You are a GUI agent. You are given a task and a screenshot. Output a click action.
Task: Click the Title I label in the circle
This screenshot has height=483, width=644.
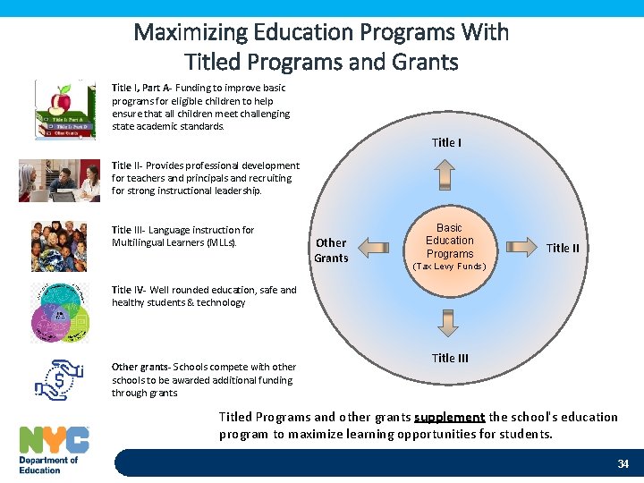tap(446, 143)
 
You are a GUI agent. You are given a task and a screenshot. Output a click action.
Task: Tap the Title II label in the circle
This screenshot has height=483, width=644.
tap(563, 249)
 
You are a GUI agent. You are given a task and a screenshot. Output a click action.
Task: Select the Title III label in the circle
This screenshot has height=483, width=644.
tap(450, 359)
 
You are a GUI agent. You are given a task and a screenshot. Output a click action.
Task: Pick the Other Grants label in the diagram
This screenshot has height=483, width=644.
tap(331, 250)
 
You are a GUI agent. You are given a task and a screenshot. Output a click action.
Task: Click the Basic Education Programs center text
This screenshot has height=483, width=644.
tap(449, 241)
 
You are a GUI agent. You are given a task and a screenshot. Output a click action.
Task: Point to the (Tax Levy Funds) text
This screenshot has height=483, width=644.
tap(448, 267)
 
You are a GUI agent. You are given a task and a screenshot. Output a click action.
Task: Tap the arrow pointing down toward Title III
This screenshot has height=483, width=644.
tap(447, 320)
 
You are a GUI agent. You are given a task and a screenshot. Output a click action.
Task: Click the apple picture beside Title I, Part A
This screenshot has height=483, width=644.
tap(64, 110)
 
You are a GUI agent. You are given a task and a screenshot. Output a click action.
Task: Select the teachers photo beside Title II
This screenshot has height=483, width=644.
tap(60, 180)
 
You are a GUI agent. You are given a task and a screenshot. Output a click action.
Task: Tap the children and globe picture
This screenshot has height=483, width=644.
tap(60, 246)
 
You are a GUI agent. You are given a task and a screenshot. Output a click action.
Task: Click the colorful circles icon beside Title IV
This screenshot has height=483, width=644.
tap(60, 312)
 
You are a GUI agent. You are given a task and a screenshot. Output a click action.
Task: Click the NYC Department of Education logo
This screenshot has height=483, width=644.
tap(54, 450)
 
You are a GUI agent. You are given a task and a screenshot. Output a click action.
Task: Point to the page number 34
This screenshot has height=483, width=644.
tap(623, 463)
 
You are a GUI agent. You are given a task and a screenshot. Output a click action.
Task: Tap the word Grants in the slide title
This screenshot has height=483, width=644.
tap(425, 63)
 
